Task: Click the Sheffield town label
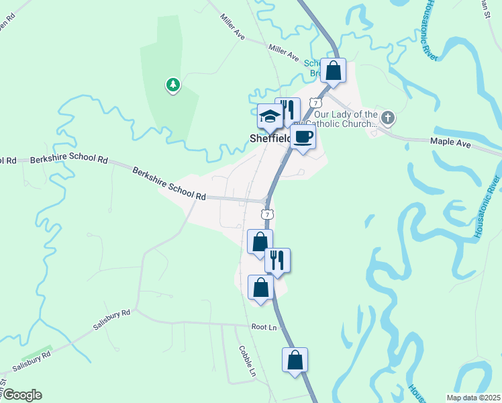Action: pos(264,139)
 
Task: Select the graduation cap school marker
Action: pos(270,117)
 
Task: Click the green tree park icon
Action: pos(173,85)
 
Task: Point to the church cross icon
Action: pos(388,119)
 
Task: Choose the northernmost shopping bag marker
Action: pos(334,71)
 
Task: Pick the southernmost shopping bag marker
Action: pos(295,361)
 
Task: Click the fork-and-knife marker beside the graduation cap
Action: pos(288,111)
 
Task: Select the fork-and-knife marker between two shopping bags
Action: pos(277,260)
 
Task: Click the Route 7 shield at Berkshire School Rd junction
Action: pos(268,214)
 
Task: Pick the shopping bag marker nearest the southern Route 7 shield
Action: pos(260,241)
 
